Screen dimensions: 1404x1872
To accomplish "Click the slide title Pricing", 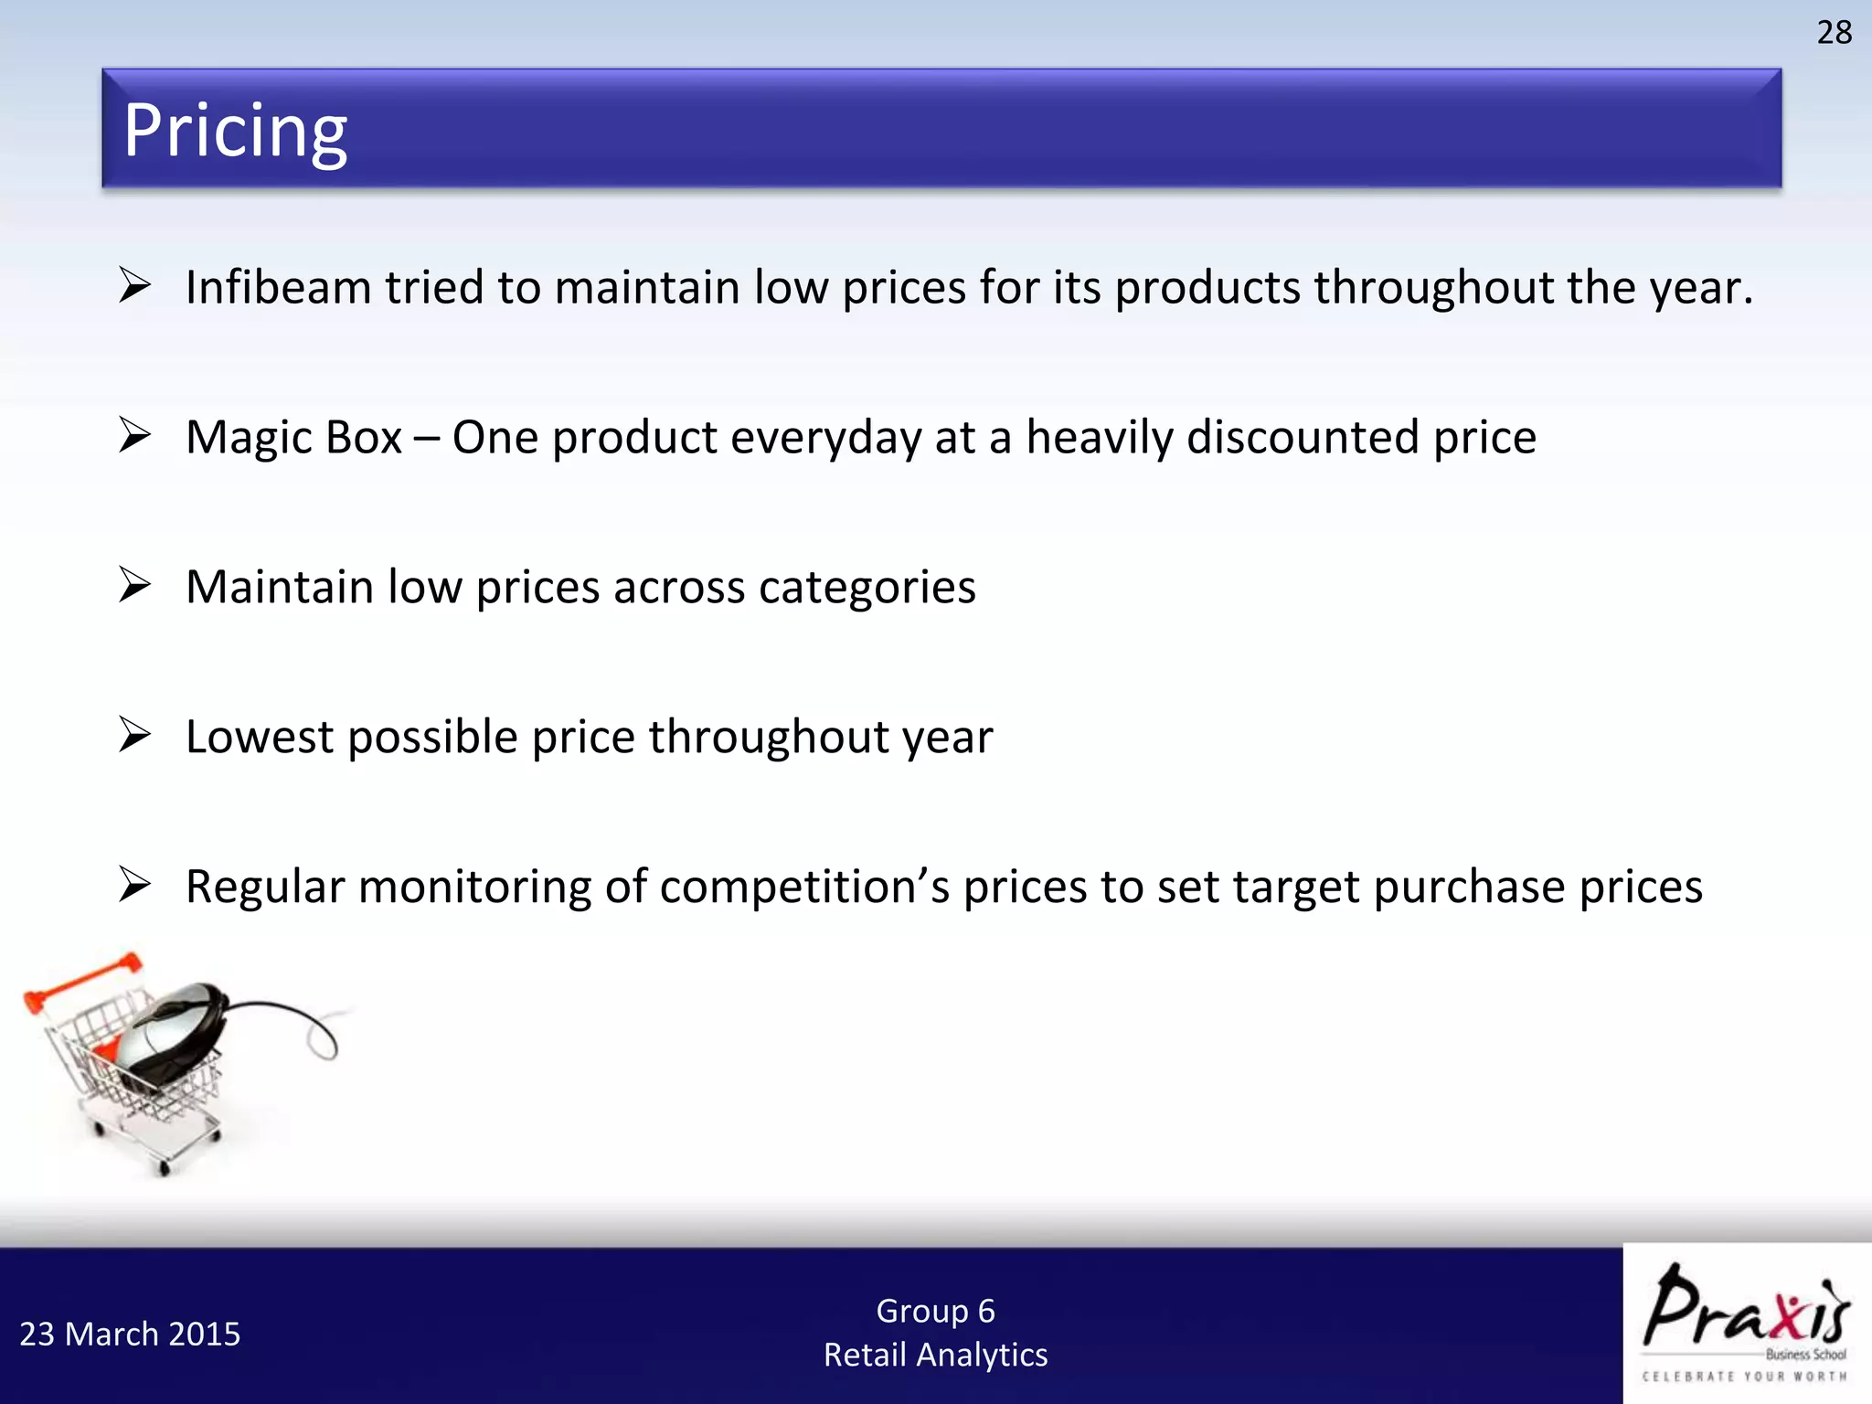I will click(x=235, y=131).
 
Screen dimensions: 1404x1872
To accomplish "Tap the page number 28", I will click(x=1834, y=33).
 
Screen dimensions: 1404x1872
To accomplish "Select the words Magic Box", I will click(x=293, y=438).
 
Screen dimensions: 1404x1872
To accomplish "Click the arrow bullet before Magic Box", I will click(x=134, y=435).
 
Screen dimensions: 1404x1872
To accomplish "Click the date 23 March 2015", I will click(x=130, y=1335).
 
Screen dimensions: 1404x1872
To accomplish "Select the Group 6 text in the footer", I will click(x=935, y=1311).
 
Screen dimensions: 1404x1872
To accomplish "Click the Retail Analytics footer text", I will click(x=935, y=1355).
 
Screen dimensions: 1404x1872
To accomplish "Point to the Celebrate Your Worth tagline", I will click(x=1744, y=1377).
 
